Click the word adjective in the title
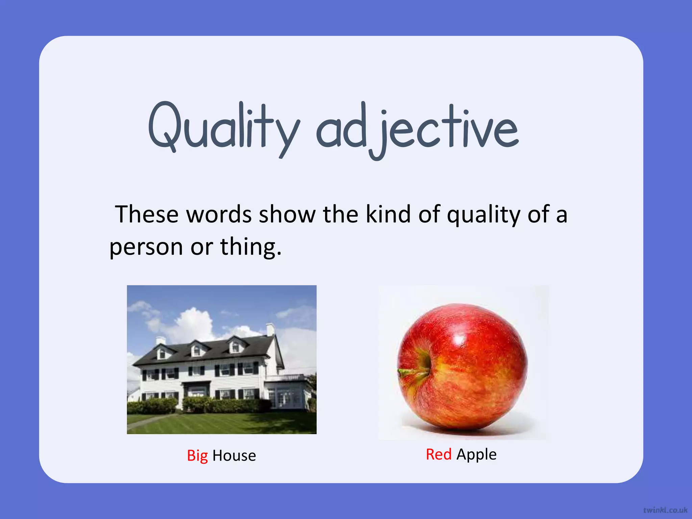[x=417, y=130]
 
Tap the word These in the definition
[x=147, y=215]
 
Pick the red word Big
[x=197, y=455]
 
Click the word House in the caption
[x=234, y=456]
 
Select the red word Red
[x=439, y=454]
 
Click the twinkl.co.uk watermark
[x=665, y=510]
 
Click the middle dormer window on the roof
[x=196, y=350]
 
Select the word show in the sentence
[x=287, y=215]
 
